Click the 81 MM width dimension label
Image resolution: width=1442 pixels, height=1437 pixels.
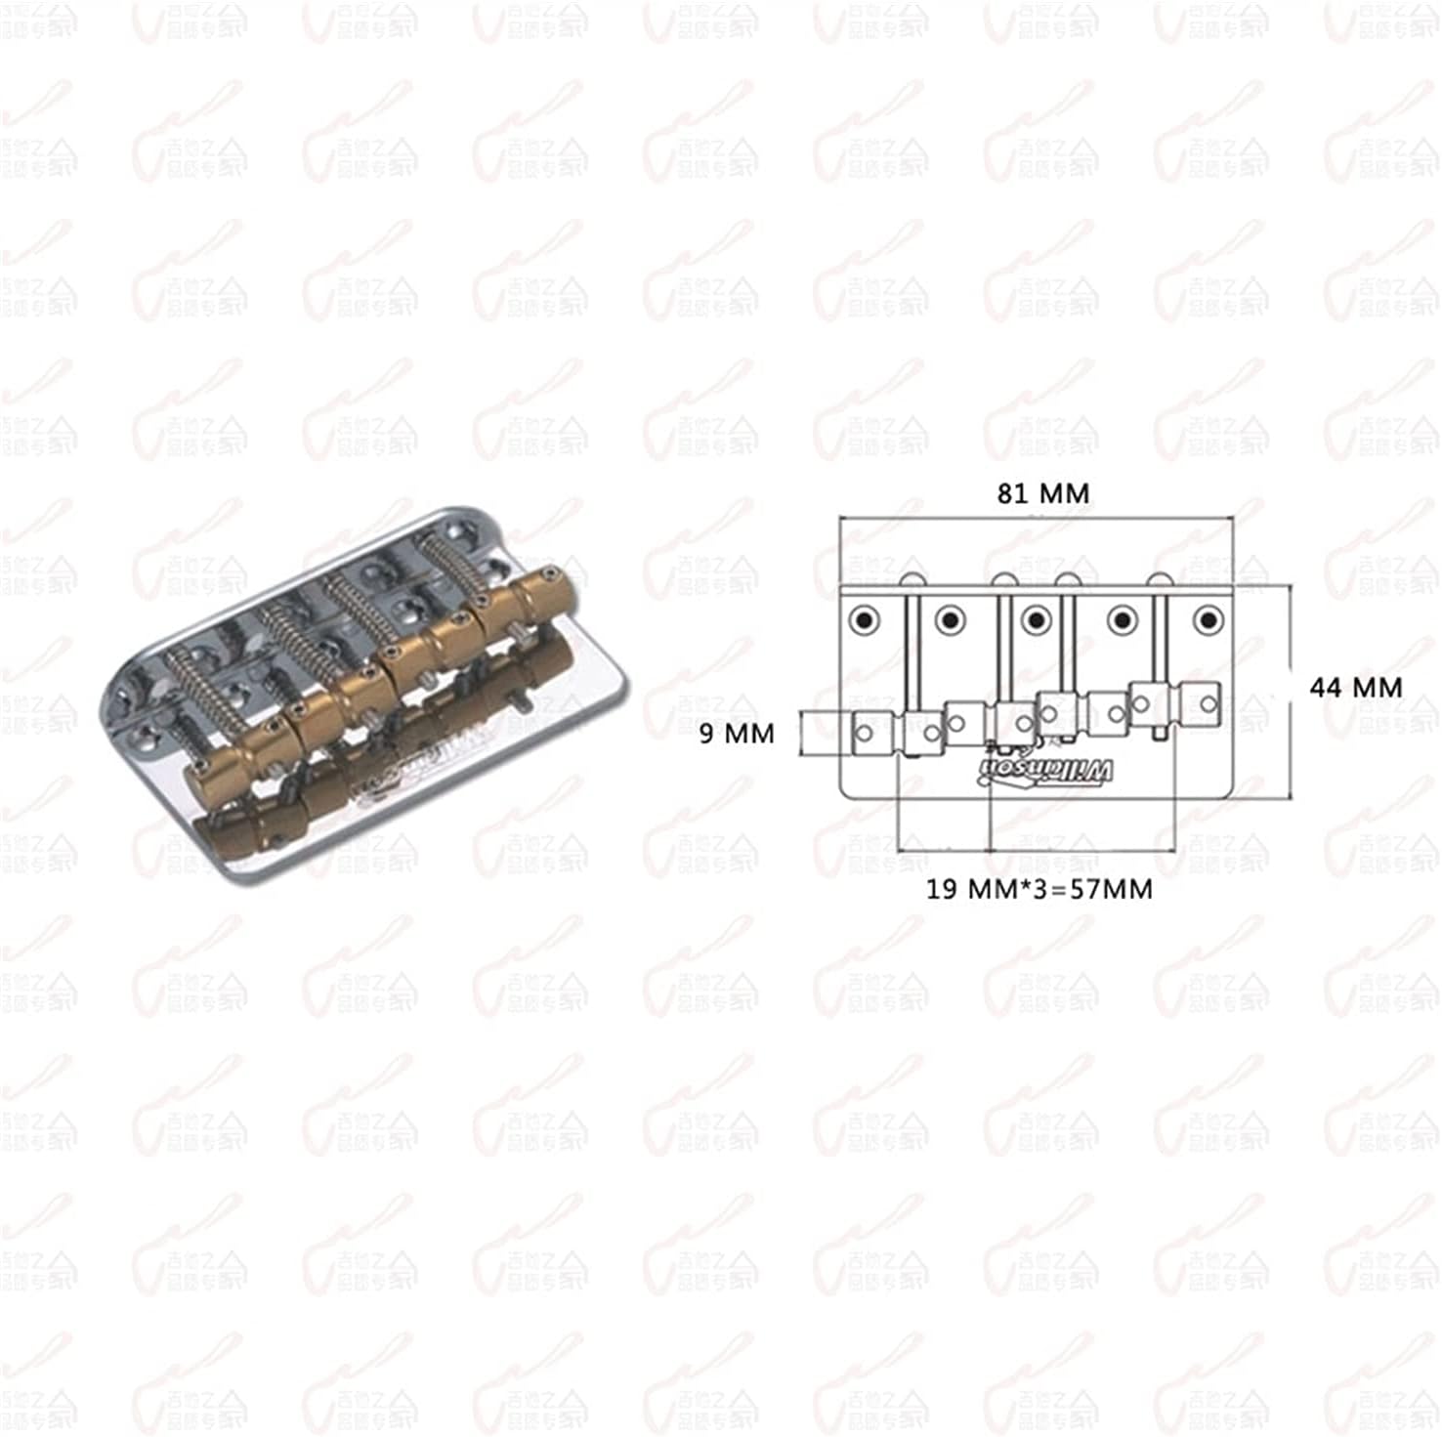click(1042, 493)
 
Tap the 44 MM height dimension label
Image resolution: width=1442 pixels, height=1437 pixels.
click(1355, 688)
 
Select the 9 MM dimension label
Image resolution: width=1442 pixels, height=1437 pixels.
click(736, 733)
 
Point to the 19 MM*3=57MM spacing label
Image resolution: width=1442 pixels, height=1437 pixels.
click(1039, 889)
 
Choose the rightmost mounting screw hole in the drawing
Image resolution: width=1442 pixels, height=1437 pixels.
click(1209, 619)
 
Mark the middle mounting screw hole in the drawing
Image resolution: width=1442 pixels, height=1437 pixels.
click(1035, 619)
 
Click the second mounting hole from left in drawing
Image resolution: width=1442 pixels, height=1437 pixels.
click(949, 619)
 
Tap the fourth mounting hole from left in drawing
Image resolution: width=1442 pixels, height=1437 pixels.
click(1123, 619)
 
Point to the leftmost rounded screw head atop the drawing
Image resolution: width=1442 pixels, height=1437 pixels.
click(912, 580)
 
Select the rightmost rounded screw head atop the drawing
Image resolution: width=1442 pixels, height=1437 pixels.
click(1159, 580)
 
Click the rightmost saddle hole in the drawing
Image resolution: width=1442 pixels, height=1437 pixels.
click(1209, 702)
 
